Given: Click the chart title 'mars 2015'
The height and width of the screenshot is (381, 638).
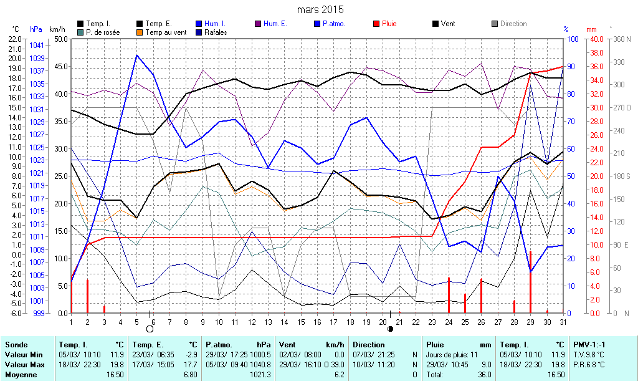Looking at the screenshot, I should [320, 10].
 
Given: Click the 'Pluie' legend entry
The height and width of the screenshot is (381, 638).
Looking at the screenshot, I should [387, 24].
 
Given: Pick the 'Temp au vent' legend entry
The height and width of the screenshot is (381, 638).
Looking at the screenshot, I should [163, 32].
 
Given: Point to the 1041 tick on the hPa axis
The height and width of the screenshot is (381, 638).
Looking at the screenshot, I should [37, 46].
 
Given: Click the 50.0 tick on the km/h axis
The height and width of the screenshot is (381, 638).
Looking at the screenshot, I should [60, 39].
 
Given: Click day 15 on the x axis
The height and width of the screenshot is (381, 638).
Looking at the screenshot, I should [301, 322].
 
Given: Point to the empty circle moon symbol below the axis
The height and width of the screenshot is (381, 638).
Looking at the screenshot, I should [150, 329].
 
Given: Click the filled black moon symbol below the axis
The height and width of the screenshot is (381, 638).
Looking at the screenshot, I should [391, 329].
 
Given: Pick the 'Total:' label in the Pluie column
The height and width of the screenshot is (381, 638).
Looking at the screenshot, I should [435, 375].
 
